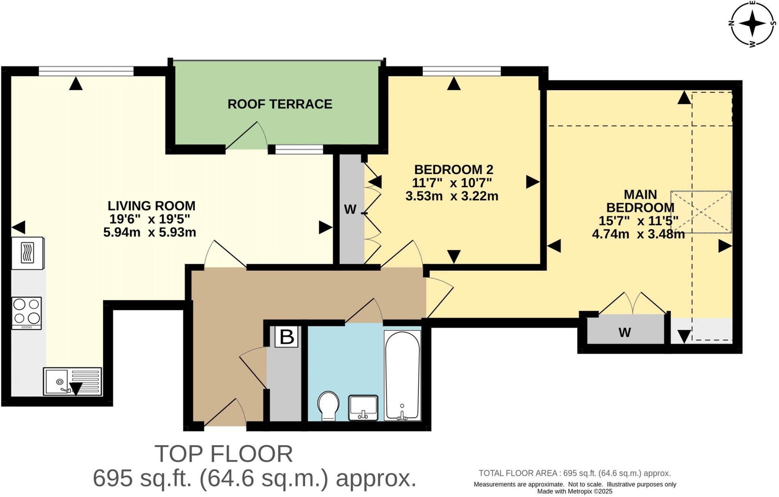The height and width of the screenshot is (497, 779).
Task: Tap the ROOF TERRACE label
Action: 280,104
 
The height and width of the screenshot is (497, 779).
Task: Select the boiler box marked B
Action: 286,337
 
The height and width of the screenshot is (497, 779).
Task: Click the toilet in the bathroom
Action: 328,406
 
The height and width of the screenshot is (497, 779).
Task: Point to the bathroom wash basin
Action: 363,408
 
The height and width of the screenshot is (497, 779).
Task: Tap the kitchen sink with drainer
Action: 72,381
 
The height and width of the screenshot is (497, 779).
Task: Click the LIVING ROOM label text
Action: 151,206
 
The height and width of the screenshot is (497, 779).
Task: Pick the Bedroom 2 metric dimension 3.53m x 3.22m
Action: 452,196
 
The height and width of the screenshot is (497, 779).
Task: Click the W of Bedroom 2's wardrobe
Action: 350,209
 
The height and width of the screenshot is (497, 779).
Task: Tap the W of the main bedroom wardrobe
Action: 625,333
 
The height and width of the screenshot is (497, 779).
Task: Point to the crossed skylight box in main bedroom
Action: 701,212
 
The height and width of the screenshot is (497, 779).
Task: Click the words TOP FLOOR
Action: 224,454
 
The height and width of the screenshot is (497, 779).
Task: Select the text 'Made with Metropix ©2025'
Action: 575,491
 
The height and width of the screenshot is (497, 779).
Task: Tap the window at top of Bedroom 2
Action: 461,71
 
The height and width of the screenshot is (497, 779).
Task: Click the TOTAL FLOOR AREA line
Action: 575,473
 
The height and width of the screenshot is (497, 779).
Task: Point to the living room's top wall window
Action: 86,71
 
